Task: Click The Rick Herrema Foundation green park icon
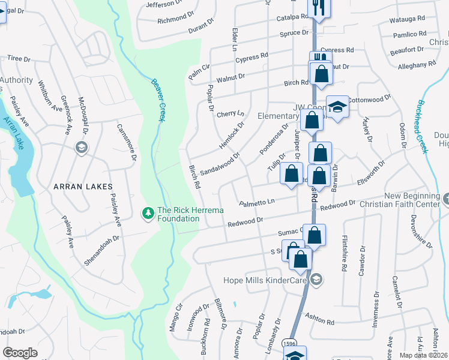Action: point(147,213)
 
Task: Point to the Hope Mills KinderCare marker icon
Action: point(316,278)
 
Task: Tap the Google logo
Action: point(20,353)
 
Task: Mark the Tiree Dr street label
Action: point(18,58)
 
